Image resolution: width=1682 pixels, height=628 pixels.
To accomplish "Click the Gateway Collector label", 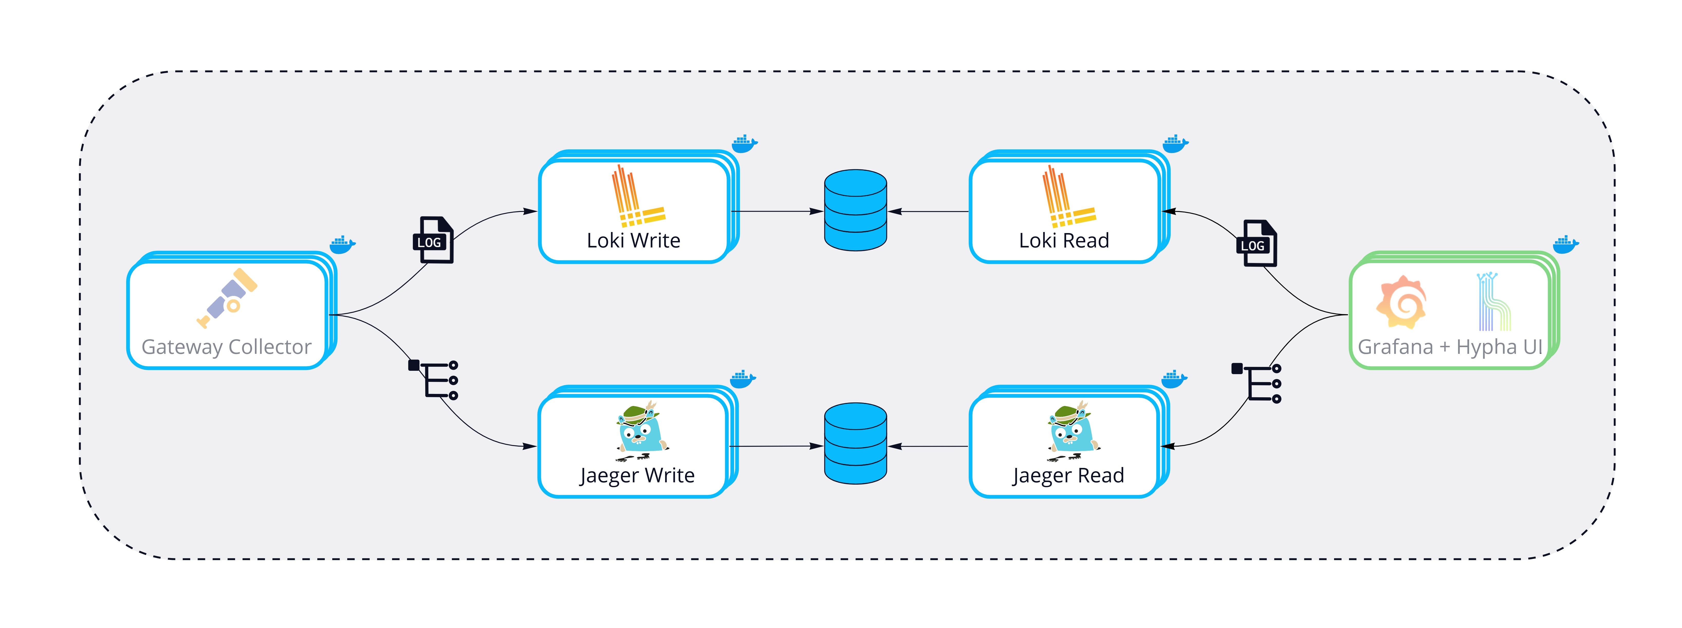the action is (x=227, y=347).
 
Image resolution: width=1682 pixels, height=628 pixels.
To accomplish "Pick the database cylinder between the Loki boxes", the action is (x=855, y=210).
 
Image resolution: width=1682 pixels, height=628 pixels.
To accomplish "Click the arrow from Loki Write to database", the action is (x=777, y=211).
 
